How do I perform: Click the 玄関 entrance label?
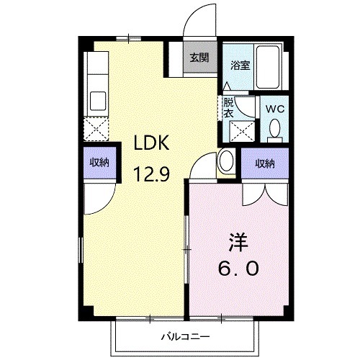[x=199, y=58]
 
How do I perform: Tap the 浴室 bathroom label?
[x=240, y=65]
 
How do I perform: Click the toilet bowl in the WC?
[x=274, y=130]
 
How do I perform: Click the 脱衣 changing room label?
[x=228, y=107]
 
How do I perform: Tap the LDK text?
[x=150, y=143]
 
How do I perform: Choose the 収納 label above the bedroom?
[x=264, y=163]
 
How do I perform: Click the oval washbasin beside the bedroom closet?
[x=227, y=161]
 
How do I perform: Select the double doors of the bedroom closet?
[x=264, y=191]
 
